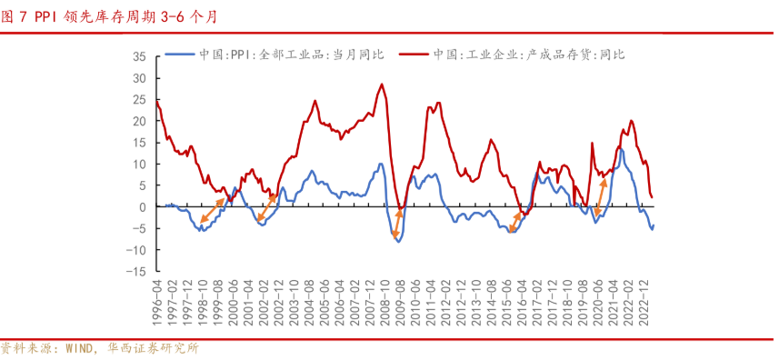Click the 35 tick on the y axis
(x=139, y=56)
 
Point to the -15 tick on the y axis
(x=137, y=272)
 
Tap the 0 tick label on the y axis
(x=143, y=207)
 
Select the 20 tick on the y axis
(x=139, y=121)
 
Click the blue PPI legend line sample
(x=179, y=55)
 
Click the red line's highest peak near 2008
(x=382, y=85)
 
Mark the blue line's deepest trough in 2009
(x=397, y=241)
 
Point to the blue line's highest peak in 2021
(x=621, y=148)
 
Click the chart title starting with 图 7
(x=108, y=15)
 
